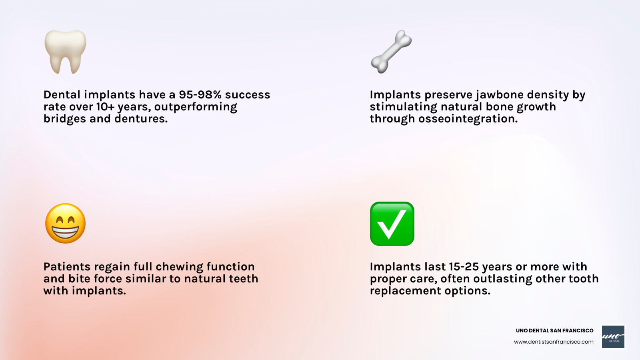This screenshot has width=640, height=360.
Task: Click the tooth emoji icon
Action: click(x=65, y=52)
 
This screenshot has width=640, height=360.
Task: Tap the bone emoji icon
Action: click(x=391, y=52)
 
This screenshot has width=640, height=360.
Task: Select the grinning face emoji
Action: click(x=65, y=223)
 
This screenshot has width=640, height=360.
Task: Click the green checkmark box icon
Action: click(x=392, y=224)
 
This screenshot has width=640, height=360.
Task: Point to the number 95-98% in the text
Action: click(x=200, y=95)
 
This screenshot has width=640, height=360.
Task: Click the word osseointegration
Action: click(x=468, y=119)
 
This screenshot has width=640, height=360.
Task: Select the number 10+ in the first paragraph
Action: click(x=105, y=107)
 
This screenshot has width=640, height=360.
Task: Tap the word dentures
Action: click(x=141, y=119)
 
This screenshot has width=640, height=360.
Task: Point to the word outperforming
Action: click(x=196, y=107)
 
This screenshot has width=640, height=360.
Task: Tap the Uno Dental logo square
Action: click(x=613, y=336)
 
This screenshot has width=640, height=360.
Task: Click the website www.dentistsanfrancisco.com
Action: click(x=554, y=342)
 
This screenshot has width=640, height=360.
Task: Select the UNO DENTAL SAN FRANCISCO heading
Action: click(x=554, y=331)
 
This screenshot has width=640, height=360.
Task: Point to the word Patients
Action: click(x=67, y=267)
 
